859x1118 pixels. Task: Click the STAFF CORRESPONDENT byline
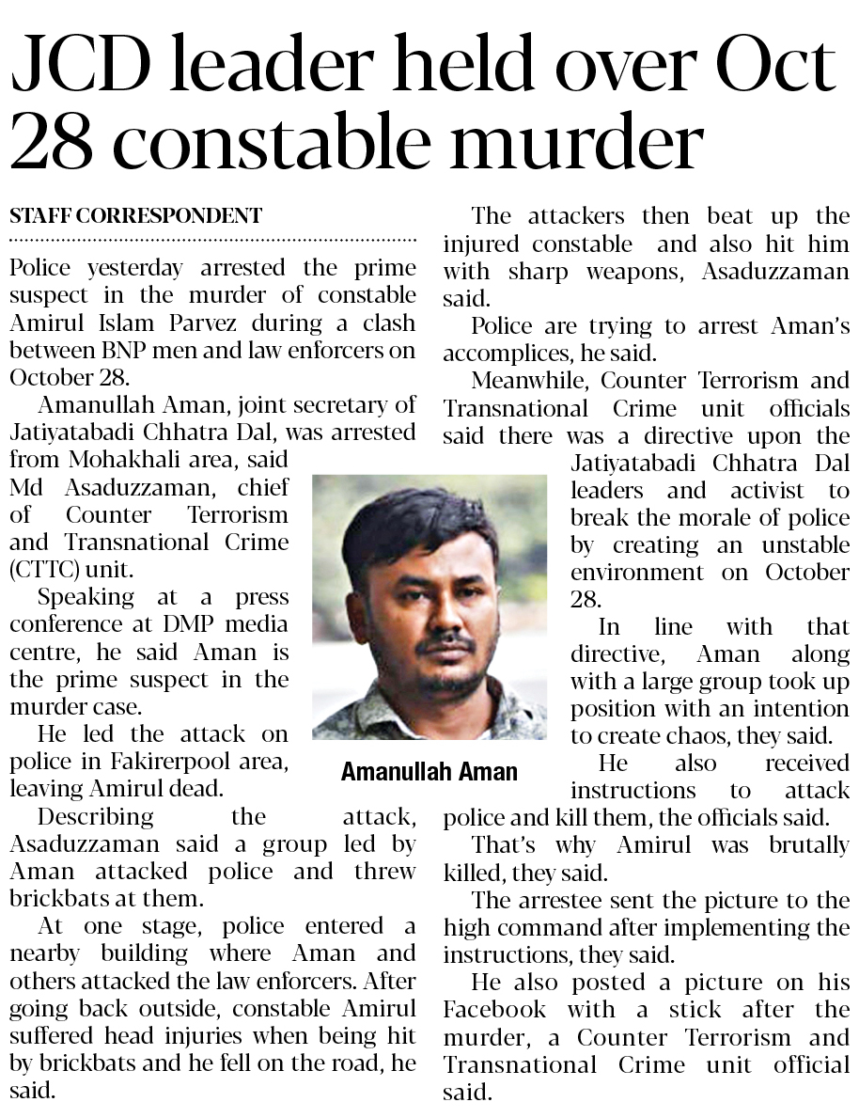pyautogui.click(x=135, y=215)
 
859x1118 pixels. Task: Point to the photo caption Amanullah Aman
pyautogui.click(x=429, y=772)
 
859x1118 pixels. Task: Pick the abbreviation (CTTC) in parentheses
pyautogui.click(x=39, y=570)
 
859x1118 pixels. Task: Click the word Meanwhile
pyautogui.click(x=530, y=382)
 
